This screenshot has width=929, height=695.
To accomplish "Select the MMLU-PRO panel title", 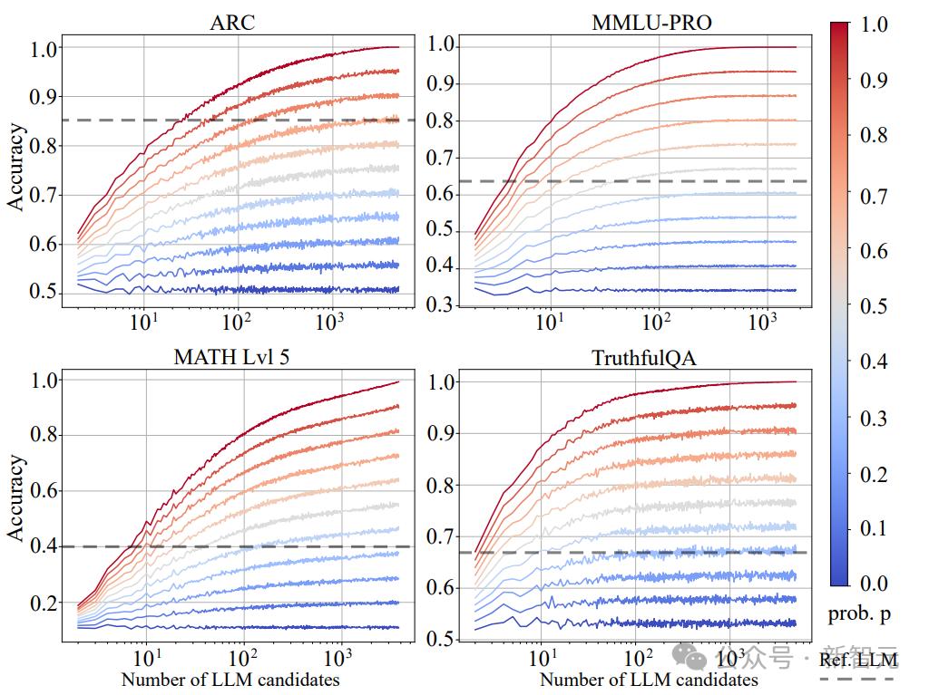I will (652, 22).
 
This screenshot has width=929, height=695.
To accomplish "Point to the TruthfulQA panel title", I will (652, 357).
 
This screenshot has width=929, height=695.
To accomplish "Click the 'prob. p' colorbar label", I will (859, 613).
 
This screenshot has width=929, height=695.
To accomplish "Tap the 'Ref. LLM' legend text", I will (858, 659).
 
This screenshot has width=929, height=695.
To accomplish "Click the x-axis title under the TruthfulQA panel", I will (650, 680).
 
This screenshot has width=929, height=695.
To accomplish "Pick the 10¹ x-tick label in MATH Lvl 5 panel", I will (145, 656).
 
